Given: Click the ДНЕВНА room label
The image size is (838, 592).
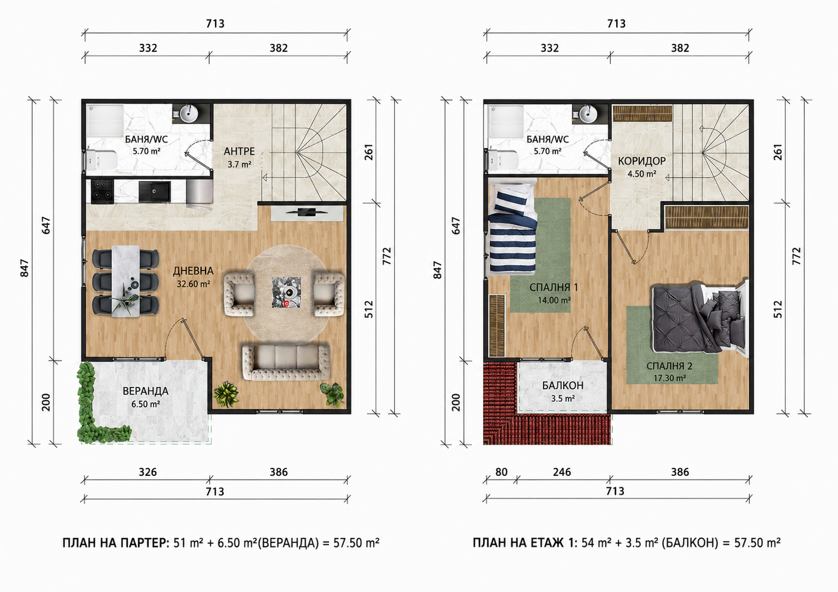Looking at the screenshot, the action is point(193,271).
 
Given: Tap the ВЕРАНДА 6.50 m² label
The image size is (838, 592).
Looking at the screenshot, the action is point(145,397).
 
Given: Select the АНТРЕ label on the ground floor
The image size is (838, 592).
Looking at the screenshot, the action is point(239,151).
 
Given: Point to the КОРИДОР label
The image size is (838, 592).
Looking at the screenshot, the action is point(641,161).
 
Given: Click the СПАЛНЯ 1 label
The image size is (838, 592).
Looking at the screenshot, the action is point(554,287).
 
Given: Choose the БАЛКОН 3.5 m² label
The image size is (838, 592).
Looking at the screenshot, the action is point(563,391).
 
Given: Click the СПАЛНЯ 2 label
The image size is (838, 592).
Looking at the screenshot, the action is point(670,366).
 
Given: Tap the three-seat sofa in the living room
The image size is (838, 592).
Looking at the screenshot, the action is point(286,362).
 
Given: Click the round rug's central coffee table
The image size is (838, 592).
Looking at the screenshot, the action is point(286,292).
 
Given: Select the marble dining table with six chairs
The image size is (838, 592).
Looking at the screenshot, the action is point(126,281).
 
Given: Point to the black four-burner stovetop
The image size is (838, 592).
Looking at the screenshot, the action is point(103,192).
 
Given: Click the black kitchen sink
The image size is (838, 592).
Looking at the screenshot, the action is point(154,192).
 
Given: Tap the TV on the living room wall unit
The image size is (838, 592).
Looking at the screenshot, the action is point(307,212).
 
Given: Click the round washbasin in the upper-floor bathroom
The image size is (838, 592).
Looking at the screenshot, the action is point(589,113).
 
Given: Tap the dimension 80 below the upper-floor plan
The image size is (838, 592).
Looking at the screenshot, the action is point(502,472).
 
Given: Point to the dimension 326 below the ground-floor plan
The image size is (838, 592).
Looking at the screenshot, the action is point(147,472).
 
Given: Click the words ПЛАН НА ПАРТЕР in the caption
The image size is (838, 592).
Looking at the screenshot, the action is point(116,542).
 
